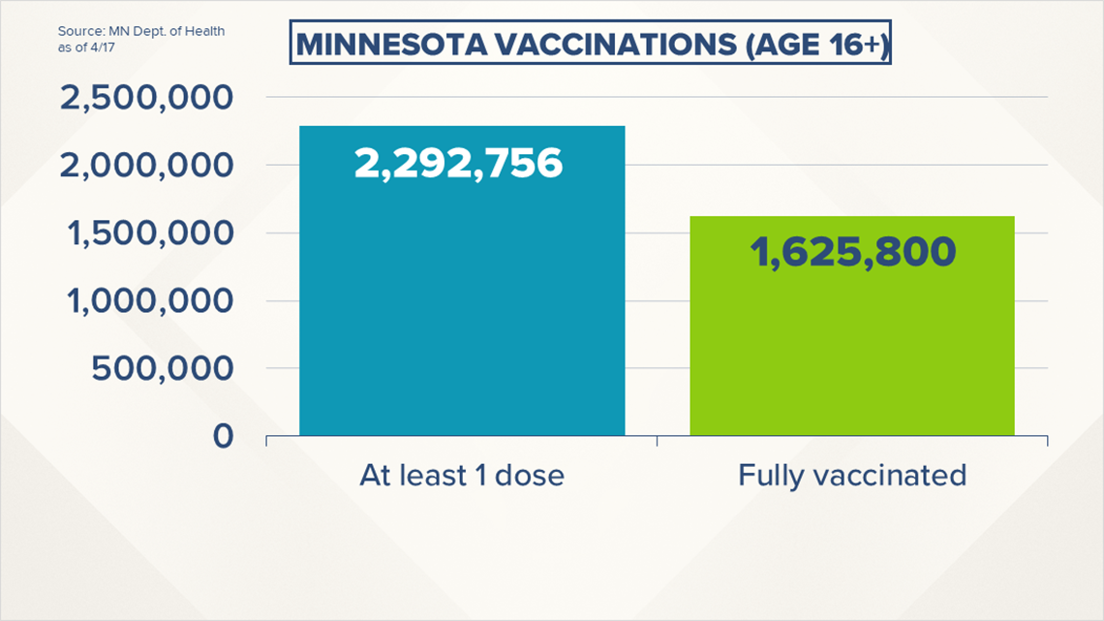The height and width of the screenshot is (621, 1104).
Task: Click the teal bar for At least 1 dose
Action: click(x=462, y=281)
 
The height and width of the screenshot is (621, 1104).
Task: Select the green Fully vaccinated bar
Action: click(x=852, y=326)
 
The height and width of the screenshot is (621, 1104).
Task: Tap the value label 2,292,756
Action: click(x=458, y=164)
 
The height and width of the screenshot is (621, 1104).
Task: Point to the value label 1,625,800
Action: click(x=852, y=252)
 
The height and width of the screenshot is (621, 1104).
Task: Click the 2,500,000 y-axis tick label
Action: click(x=145, y=97)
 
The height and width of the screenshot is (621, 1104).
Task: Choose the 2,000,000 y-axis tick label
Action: click(x=145, y=166)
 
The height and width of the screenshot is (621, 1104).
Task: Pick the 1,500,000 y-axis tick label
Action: click(x=149, y=233)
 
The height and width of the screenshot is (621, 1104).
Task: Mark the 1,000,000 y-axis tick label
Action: click(x=149, y=300)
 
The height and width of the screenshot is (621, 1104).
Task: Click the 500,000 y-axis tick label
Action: click(x=162, y=368)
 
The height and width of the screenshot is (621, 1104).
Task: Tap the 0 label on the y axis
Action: click(x=223, y=436)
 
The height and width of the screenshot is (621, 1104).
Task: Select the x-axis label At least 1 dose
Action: click(x=462, y=476)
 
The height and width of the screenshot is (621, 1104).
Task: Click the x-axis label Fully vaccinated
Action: click(x=852, y=476)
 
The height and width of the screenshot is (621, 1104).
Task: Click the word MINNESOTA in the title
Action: click(x=391, y=45)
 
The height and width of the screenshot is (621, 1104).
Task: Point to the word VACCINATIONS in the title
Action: click(x=616, y=45)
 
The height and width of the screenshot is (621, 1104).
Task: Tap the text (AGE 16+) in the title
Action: click(x=816, y=45)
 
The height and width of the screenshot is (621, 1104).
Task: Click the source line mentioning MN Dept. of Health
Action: click(x=140, y=31)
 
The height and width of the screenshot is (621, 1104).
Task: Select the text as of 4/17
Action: click(x=86, y=47)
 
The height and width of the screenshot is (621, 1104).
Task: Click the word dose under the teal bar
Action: click(x=530, y=476)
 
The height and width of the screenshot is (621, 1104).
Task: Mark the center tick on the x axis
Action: click(x=657, y=441)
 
